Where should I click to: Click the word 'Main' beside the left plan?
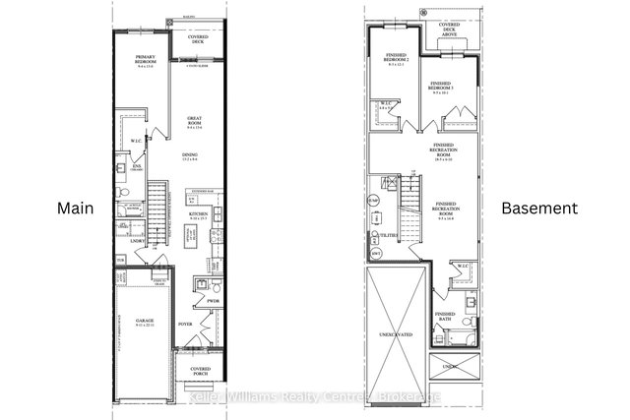click(x=75, y=209)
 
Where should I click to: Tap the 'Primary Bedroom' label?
click(x=148, y=64)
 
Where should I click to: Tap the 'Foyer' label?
click(x=183, y=322)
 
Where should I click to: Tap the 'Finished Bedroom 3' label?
click(x=438, y=89)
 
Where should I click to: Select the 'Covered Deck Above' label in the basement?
click(x=449, y=30)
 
